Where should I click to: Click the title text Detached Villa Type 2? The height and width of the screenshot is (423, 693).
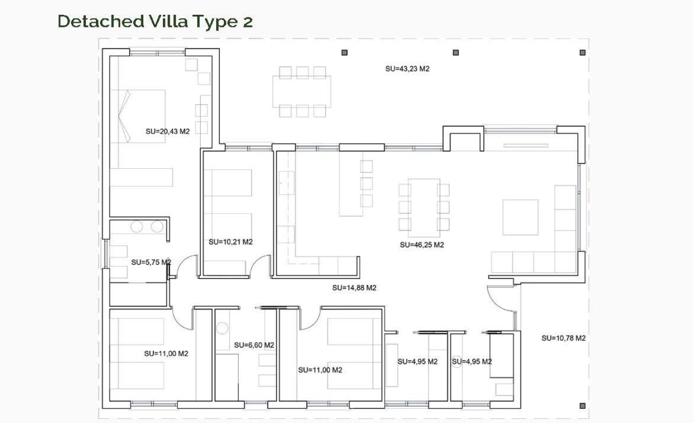pos(155,22)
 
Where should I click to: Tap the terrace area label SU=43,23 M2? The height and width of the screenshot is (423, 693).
pos(407,69)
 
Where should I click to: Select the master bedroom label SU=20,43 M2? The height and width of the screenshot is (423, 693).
pos(167,131)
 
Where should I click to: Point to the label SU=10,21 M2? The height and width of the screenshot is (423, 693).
pos(230,242)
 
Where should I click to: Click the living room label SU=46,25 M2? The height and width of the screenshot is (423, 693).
pos(422,245)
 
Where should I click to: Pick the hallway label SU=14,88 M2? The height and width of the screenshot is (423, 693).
pos(354,288)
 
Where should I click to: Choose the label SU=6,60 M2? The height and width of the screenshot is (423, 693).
pos(254,345)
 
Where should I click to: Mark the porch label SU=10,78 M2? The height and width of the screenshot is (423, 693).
pos(563,338)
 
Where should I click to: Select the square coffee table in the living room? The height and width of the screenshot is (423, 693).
pos(520,217)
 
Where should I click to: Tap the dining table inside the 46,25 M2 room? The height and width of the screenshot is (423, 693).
pos(424,208)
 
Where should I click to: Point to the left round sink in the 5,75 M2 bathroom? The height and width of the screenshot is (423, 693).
pos(137,227)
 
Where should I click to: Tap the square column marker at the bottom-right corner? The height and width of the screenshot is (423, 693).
pos(582,406)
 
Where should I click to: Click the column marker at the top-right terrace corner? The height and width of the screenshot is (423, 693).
pos(582,52)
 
